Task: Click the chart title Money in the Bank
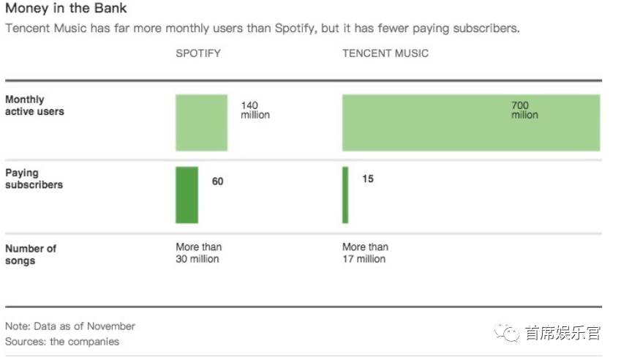[x=66, y=9]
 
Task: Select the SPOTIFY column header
[x=197, y=53]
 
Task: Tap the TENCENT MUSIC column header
[x=385, y=53]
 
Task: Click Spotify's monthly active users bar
[x=201, y=122]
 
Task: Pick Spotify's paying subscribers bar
[x=187, y=195]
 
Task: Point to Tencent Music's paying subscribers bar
[x=345, y=195]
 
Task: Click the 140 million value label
[x=255, y=110]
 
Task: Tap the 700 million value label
[x=524, y=110]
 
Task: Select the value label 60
[x=218, y=181]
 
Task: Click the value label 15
[x=368, y=179]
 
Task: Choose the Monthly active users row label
[x=34, y=105]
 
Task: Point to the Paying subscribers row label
[x=34, y=179]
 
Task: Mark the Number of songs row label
[x=31, y=255]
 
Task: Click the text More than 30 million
[x=198, y=253]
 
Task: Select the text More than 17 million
[x=365, y=253]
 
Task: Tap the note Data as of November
[x=70, y=326]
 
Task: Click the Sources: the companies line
[x=61, y=342]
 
